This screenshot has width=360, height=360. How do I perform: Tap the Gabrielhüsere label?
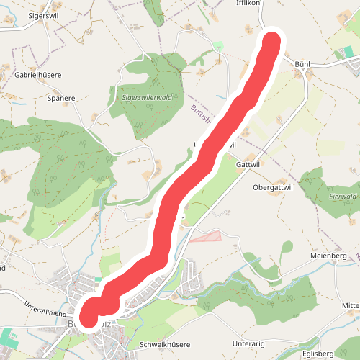[x=37, y=74]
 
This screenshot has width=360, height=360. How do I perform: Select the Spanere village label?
[x=60, y=98]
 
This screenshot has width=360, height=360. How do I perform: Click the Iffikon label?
[x=247, y=4]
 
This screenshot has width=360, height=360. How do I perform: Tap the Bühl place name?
[x=302, y=64]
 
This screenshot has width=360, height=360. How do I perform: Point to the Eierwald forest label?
[x=342, y=196]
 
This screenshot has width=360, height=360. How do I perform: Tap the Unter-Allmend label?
[x=44, y=307]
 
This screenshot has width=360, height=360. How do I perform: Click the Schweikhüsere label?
[x=164, y=343]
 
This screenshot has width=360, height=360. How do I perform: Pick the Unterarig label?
[x=249, y=343]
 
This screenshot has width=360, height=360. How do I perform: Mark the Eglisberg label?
[x=318, y=354]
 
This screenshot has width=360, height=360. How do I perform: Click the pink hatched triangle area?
[x=208, y=235]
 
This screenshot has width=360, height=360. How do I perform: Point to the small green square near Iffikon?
[x=219, y=46]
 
